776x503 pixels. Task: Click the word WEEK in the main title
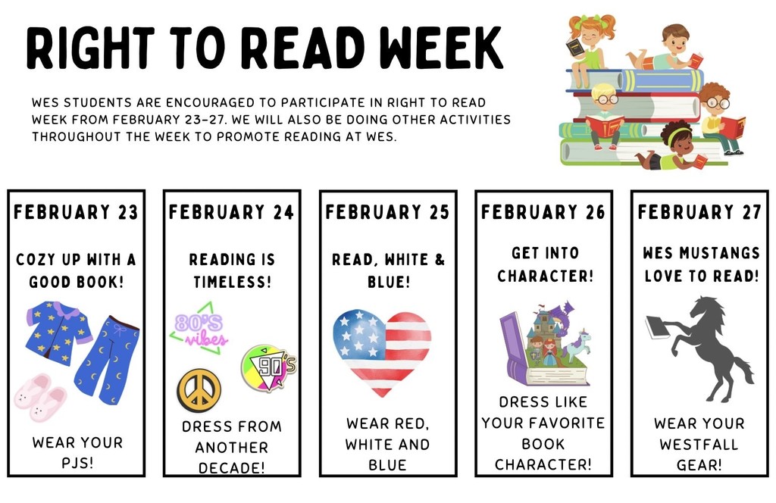tap(441, 48)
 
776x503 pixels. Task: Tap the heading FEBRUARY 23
tap(76, 212)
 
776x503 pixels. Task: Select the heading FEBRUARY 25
tap(387, 212)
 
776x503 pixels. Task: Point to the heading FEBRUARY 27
tap(699, 212)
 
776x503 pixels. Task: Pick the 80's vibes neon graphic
tap(199, 332)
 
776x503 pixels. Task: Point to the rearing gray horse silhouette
tap(709, 348)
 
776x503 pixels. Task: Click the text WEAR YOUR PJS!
tap(77, 452)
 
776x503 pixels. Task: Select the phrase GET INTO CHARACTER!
tap(543, 264)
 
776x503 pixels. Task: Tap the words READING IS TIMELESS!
tap(231, 271)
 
